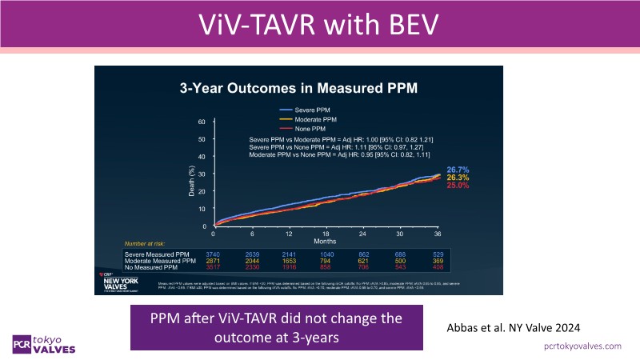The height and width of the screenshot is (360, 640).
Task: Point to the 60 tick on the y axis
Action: [x=202, y=122]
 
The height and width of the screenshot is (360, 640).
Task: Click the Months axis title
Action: [x=326, y=241]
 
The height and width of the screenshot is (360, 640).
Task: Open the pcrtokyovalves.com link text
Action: [x=582, y=346]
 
